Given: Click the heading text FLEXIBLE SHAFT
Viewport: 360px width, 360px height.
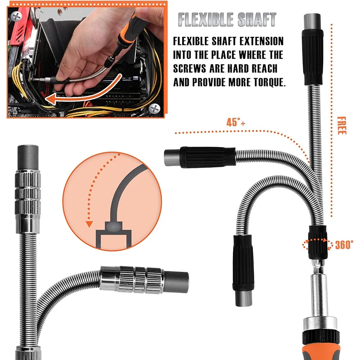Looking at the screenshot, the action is coord(227,19).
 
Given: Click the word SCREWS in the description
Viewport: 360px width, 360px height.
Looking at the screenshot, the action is coord(189,68).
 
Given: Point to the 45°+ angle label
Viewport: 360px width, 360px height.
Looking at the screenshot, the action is coord(236,122).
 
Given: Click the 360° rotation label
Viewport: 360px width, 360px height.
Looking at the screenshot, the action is coord(344,245).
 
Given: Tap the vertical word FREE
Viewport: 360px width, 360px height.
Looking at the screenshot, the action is coord(342,126).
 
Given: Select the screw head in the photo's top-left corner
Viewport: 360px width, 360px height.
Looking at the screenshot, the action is coord(16,17).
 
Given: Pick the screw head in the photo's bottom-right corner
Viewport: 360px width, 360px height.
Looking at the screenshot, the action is coord(154,108).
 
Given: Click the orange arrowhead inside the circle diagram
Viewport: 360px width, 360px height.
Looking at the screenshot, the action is coord(89,224).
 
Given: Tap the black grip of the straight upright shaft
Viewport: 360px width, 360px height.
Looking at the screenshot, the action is coord(312,58).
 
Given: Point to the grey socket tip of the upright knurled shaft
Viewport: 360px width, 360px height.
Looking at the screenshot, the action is coord(28,158).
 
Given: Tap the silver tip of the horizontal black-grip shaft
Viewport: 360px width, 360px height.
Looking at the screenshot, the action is coord(172,157).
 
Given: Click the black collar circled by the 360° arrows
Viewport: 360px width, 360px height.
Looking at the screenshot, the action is coord(318,242).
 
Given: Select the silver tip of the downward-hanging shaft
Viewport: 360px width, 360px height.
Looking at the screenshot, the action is coord(244,298).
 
